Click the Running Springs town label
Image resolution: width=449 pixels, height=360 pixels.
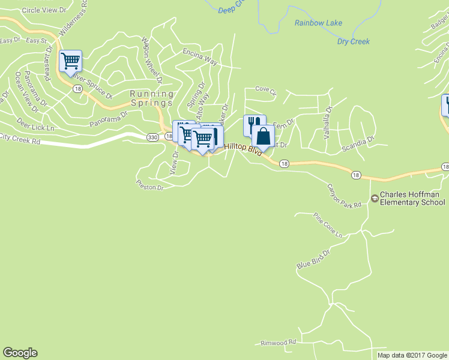(x=152, y=98)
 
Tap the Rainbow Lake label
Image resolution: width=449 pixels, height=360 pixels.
(x=318, y=23)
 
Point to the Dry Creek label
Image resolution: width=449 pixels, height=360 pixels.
(x=353, y=41)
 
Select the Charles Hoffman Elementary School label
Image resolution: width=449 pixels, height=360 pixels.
(x=413, y=199)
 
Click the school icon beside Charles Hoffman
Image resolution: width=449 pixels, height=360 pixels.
(x=375, y=197)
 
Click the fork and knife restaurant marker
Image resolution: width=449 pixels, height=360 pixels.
(x=254, y=125)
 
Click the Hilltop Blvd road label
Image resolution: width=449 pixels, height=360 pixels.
(x=243, y=149)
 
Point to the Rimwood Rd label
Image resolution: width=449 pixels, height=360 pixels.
(x=279, y=342)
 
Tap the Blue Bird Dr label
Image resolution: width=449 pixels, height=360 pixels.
(x=313, y=259)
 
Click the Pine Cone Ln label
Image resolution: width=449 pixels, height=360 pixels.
(x=328, y=225)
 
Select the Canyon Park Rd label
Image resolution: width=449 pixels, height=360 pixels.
(x=344, y=196)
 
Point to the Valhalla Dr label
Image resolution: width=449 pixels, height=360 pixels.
(x=328, y=123)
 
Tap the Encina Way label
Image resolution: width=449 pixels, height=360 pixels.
(x=200, y=56)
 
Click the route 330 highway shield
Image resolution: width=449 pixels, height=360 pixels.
(x=152, y=137)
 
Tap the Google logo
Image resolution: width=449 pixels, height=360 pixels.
(x=20, y=353)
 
